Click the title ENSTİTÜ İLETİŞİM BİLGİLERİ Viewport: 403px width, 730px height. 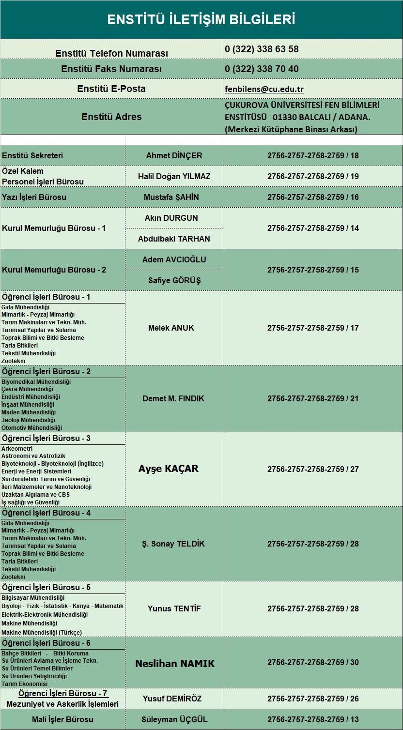(201, 19)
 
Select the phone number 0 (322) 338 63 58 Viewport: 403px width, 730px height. (262, 49)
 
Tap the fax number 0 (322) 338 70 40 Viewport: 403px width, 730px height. (262, 69)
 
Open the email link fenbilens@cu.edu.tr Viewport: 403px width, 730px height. (264, 89)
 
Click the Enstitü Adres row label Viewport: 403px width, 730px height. (111, 117)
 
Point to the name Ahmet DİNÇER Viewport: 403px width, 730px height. (174, 155)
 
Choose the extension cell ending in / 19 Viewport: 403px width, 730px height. (313, 176)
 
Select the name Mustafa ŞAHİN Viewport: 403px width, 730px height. (171, 197)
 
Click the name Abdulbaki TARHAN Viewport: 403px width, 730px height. (174, 239)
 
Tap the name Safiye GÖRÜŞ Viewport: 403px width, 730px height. (174, 280)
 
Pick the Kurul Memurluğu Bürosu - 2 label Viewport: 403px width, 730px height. (54, 270)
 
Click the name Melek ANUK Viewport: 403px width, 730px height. (171, 328)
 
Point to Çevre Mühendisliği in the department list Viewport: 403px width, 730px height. (28, 389)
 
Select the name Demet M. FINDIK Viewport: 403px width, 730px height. (173, 398)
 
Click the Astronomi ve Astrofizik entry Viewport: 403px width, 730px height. (33, 456)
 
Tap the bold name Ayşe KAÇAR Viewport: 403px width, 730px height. (169, 469)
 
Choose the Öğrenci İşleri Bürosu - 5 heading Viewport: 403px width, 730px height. (46, 587)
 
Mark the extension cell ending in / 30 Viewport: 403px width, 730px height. (313, 662)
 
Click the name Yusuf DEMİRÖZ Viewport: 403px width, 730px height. (172, 699)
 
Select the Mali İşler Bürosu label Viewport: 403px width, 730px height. (62, 719)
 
